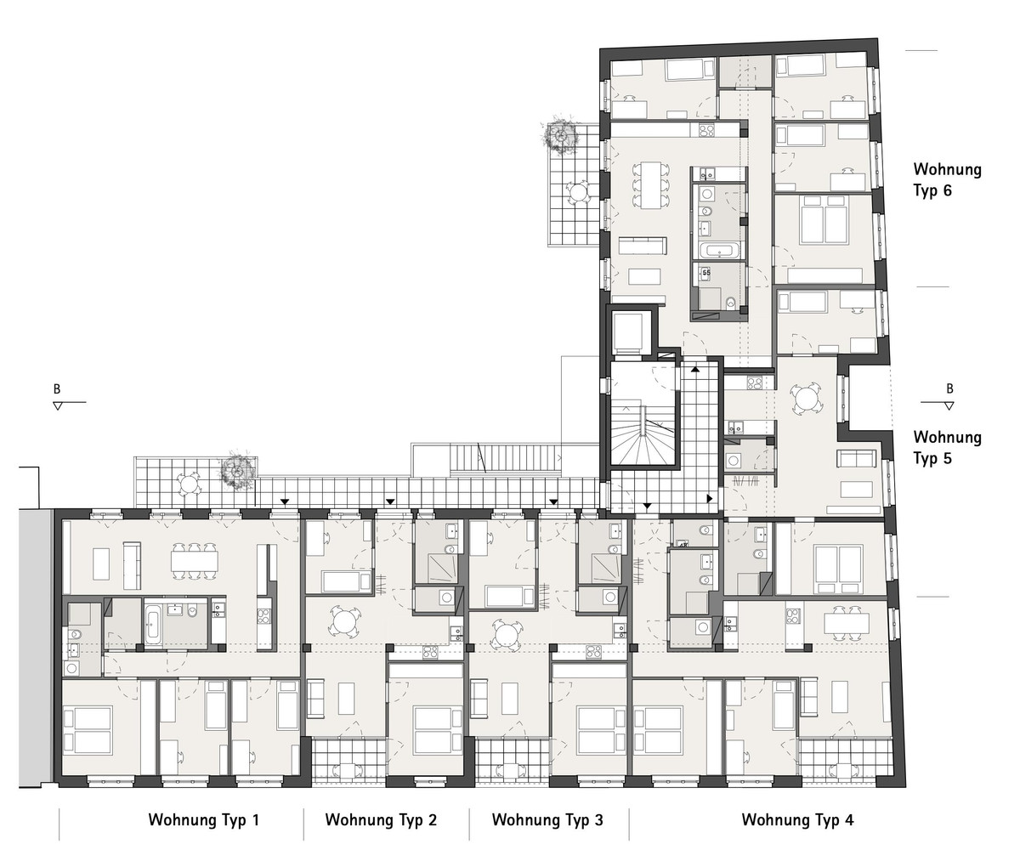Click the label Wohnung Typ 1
point(204,819)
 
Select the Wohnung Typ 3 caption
point(547,819)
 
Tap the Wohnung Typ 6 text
point(947,180)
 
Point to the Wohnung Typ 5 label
point(947,448)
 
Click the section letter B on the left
point(57,389)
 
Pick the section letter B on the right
point(949,388)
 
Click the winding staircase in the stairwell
point(644,435)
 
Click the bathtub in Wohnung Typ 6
point(717,251)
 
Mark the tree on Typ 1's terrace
point(236,471)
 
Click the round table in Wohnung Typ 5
point(807,399)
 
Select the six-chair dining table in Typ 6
point(651,184)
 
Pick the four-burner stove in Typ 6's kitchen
point(706,130)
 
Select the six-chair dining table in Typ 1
point(195,562)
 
